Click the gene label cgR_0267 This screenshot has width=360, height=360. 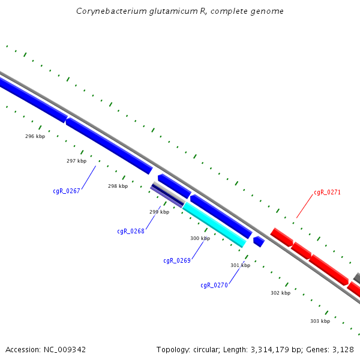point(67,191)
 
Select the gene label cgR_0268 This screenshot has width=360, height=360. point(131,231)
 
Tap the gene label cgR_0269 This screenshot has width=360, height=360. point(177,260)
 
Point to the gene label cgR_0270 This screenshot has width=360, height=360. point(214,286)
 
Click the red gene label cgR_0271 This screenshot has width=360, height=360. point(327,193)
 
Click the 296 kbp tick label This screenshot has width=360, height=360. point(35,136)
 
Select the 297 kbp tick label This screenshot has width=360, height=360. point(76,161)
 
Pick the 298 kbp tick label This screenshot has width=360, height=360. point(118,186)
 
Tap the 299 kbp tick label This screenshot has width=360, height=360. point(159,212)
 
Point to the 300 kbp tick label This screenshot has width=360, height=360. point(200,238)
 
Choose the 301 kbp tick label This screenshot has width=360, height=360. point(240,265)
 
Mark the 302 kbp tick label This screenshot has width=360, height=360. point(280,293)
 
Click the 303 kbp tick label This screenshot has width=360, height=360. point(320,321)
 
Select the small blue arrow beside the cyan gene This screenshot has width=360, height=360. point(259,241)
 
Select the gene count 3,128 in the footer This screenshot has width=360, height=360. point(342,349)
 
